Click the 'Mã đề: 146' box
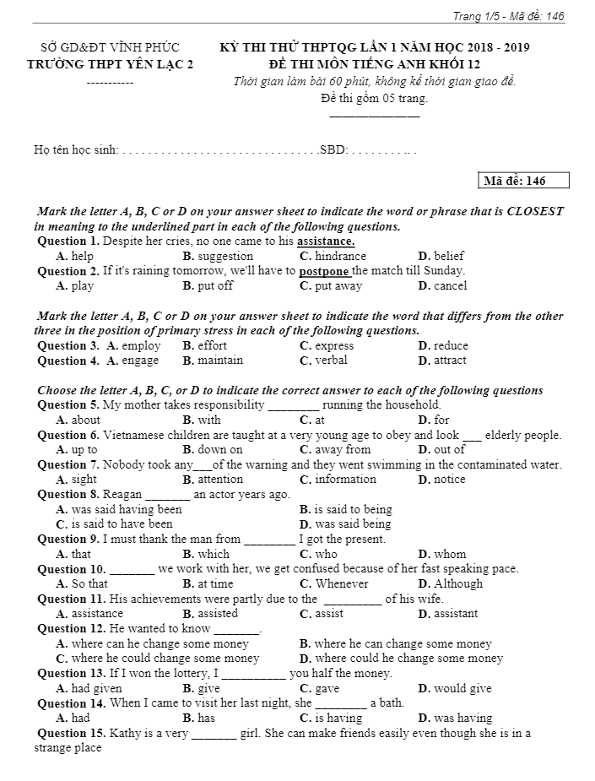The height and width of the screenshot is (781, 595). coord(523,181)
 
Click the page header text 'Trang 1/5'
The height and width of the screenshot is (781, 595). coord(475,16)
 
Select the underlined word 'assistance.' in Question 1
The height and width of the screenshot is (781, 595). coord(326,241)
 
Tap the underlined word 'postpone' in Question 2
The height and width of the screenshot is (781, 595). coord(325,271)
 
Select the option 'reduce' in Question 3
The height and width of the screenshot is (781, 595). coord(450,345)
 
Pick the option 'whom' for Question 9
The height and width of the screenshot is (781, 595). coord(449,554)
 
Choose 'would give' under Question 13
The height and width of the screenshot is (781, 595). coord(462,688)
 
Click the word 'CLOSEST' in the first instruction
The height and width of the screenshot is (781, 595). coord(535,211)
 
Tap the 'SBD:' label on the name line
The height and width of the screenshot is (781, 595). coord(333,150)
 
